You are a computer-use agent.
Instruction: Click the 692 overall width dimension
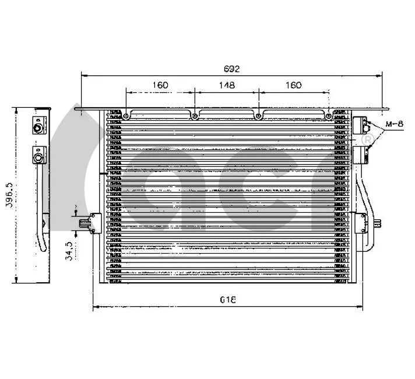[x=232, y=69]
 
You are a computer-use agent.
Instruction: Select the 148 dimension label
[x=227, y=85]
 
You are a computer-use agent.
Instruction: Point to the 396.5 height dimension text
[x=7, y=195]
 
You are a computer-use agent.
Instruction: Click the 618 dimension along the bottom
[x=228, y=300]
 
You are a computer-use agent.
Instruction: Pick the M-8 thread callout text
[x=395, y=124]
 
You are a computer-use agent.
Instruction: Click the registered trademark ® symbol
[x=367, y=141]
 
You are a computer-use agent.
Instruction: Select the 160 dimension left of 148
[x=160, y=85]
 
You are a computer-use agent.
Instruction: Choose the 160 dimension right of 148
[x=294, y=85]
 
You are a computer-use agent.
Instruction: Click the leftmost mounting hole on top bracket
[x=126, y=116]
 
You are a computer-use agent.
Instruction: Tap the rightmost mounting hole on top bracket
[x=329, y=116]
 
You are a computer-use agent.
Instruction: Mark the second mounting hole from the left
[x=194, y=116]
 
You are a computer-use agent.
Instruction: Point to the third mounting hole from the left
[x=258, y=116]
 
